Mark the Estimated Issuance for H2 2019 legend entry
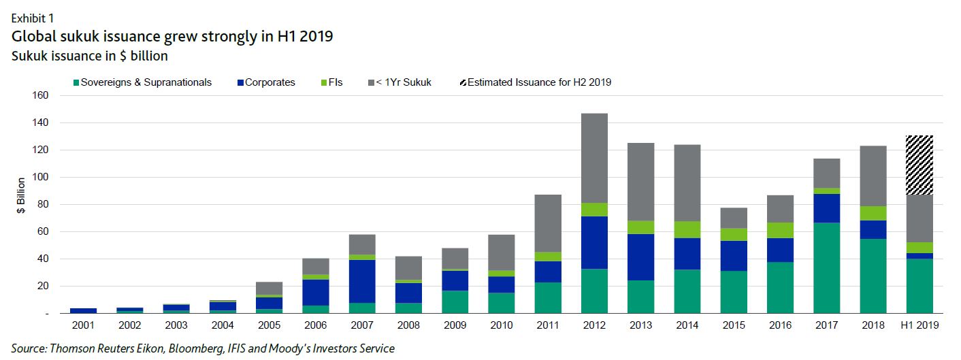pos(536,82)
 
